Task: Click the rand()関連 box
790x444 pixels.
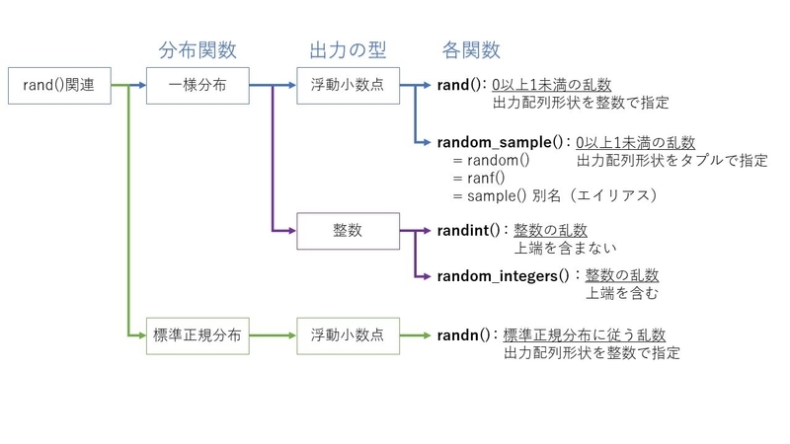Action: tap(57, 86)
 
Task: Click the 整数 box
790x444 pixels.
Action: tap(348, 230)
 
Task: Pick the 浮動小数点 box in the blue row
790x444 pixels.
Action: tap(348, 86)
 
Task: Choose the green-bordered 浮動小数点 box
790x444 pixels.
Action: tap(348, 335)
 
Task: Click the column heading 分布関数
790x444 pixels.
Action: tap(197, 49)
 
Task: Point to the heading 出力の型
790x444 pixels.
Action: tap(347, 49)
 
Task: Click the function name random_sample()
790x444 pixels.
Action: tap(503, 142)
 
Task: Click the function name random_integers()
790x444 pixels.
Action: tap(504, 275)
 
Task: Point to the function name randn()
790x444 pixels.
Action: tap(463, 335)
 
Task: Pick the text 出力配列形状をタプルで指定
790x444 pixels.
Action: tap(671, 161)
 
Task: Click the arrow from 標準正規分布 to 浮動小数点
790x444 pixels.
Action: tap(270, 335)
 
